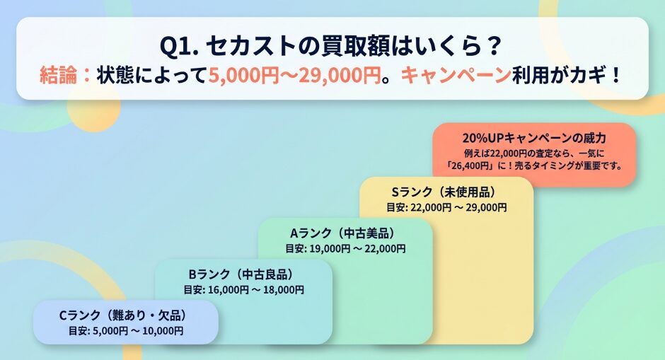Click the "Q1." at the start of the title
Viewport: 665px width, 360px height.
(x=180, y=46)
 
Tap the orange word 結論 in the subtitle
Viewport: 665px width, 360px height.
(x=59, y=76)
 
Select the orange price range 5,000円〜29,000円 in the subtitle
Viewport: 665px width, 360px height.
(x=294, y=76)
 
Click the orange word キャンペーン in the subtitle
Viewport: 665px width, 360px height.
(x=456, y=76)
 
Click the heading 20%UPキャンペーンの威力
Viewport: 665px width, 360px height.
(x=534, y=138)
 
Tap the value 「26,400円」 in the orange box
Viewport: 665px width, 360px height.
(x=470, y=166)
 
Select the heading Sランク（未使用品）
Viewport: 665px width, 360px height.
(x=444, y=192)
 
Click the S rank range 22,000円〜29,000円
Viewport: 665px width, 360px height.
(x=458, y=207)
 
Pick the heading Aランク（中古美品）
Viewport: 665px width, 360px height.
(x=342, y=233)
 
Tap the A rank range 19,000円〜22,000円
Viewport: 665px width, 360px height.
(x=357, y=248)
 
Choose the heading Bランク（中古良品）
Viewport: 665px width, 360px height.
(x=241, y=274)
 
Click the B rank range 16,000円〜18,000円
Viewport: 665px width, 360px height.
(x=255, y=290)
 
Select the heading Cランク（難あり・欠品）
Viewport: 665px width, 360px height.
(x=123, y=315)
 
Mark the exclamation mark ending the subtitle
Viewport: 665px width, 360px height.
(x=617, y=76)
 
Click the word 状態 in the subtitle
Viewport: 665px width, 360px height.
(x=116, y=76)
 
